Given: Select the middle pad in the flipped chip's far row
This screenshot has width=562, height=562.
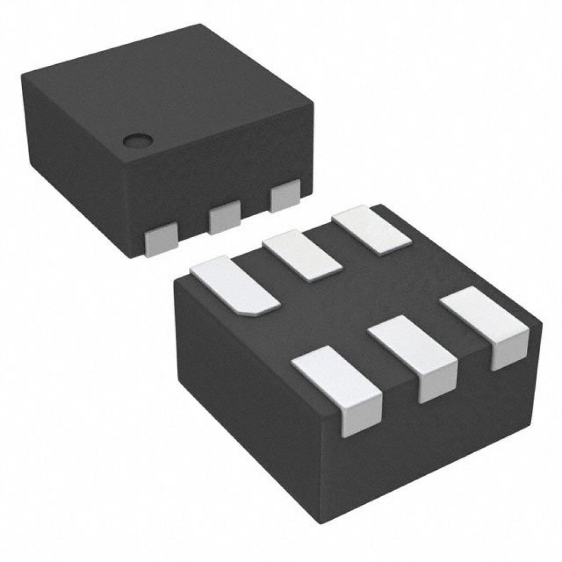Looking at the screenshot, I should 302,255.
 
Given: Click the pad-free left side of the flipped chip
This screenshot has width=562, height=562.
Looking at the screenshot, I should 247,384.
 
